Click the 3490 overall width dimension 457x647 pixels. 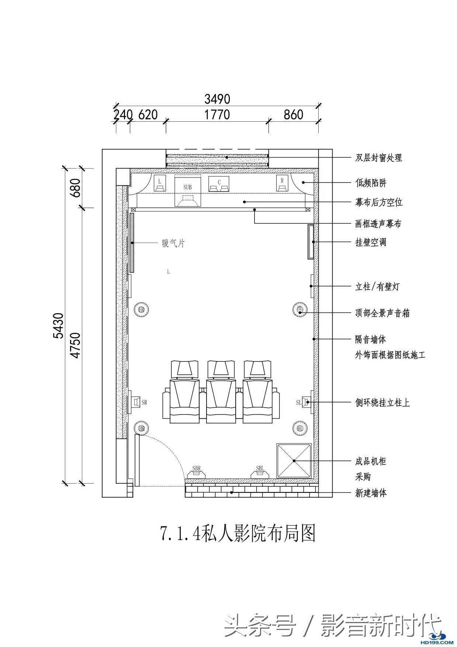click(x=217, y=99)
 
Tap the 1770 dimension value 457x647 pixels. click(x=217, y=115)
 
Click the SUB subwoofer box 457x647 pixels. click(x=187, y=192)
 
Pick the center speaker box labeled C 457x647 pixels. click(x=219, y=184)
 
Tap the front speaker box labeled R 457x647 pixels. click(x=282, y=183)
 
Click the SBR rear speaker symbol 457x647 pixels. click(x=197, y=472)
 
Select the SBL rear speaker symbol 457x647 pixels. click(x=260, y=472)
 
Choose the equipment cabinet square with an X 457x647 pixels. click(x=294, y=461)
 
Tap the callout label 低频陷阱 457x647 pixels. click(x=371, y=183)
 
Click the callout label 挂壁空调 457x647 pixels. click(x=370, y=242)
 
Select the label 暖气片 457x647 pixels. click(x=173, y=243)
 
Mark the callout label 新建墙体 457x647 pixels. click(x=371, y=493)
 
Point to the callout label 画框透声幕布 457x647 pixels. click(x=378, y=224)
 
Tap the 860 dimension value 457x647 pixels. click(x=293, y=115)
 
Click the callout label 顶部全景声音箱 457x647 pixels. click(x=382, y=313)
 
